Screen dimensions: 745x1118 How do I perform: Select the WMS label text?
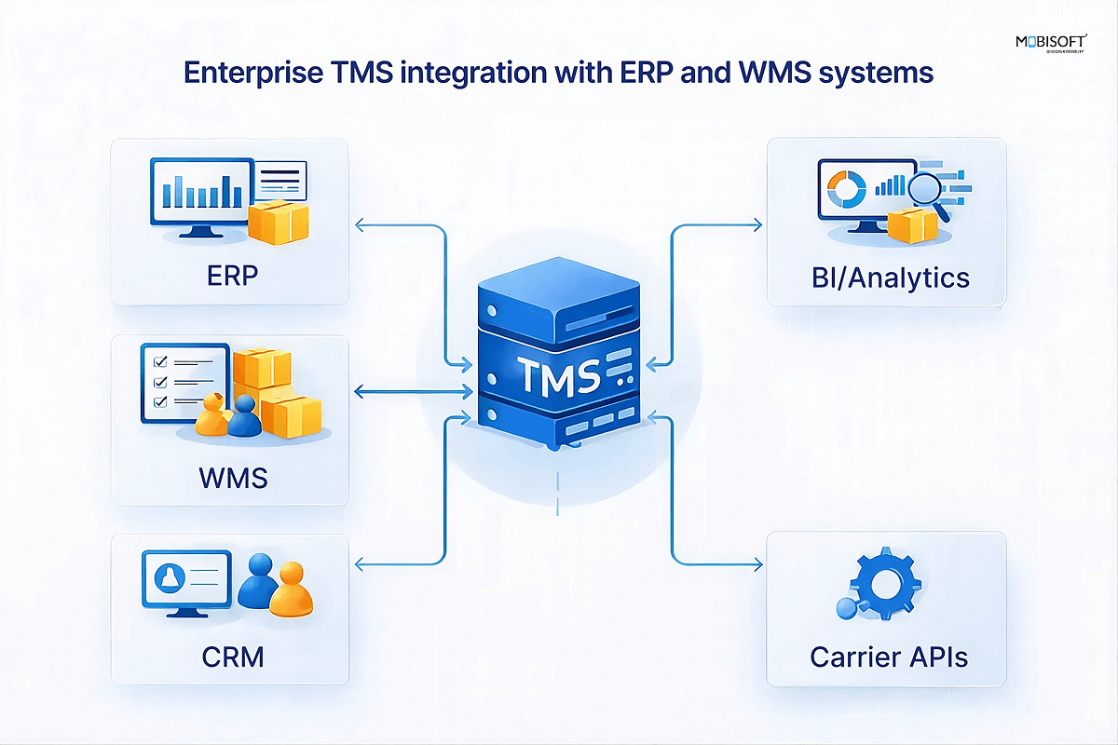tap(233, 478)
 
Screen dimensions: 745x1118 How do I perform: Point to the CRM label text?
tap(233, 657)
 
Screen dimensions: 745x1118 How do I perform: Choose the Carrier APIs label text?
tap(889, 657)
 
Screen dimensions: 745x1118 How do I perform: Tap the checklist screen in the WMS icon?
tap(184, 382)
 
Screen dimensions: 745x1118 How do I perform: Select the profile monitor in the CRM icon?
tap(186, 582)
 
